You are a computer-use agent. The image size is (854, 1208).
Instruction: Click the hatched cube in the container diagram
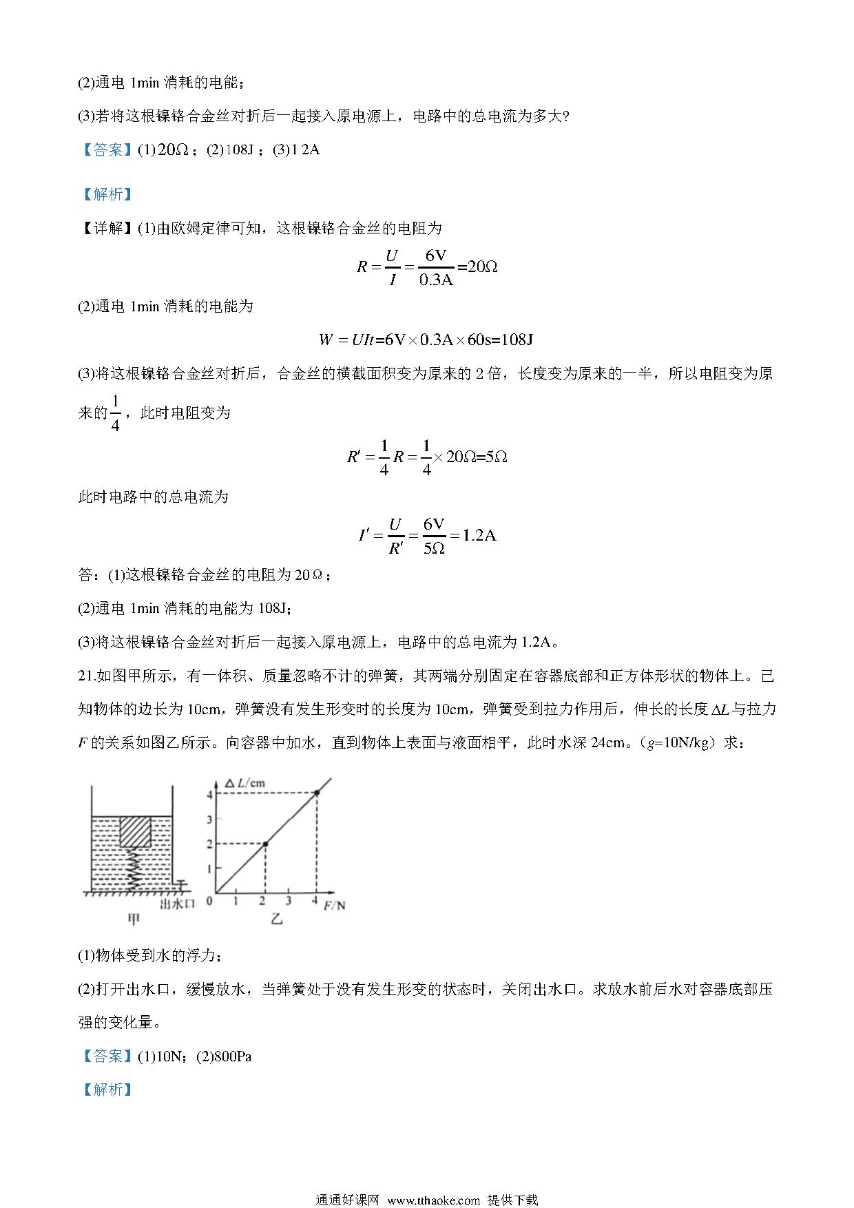tap(136, 831)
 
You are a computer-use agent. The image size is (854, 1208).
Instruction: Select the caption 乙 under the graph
tap(277, 919)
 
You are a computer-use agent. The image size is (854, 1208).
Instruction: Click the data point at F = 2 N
tap(265, 844)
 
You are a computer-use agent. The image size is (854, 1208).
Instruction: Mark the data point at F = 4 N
tap(317, 793)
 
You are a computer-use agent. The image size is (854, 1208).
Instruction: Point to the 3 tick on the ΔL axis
tap(210, 819)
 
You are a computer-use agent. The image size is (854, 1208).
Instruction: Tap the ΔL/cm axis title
tap(245, 783)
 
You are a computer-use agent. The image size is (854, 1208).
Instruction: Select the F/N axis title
tap(334, 905)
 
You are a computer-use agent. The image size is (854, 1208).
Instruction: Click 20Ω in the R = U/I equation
tap(482, 267)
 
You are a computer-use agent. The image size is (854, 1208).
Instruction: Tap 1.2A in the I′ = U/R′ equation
tap(479, 535)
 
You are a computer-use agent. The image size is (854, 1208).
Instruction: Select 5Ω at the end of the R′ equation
tap(496, 457)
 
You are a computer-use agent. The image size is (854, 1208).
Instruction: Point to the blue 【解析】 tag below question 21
tap(106, 1089)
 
